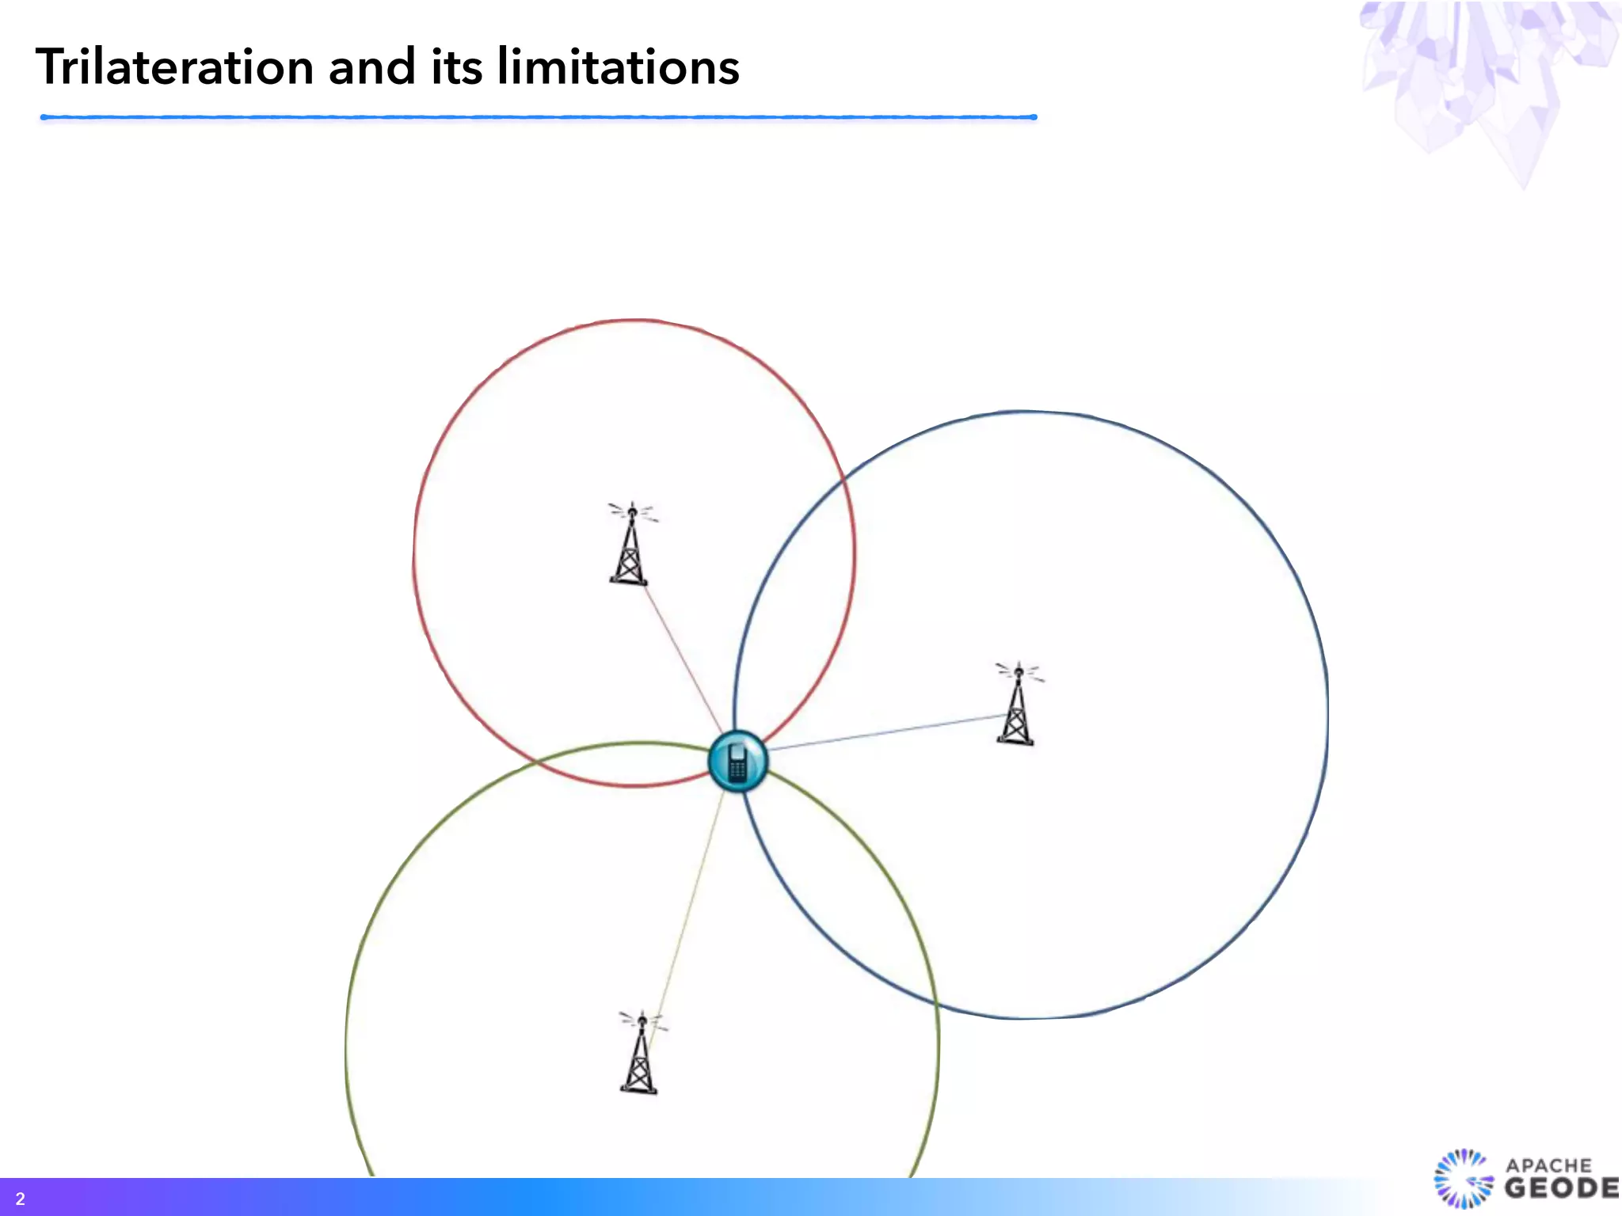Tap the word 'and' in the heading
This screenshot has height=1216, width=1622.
tap(371, 66)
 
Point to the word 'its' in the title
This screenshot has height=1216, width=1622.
tap(456, 66)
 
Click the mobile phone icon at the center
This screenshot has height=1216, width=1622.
tap(737, 762)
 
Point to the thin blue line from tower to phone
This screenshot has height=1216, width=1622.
tap(887, 732)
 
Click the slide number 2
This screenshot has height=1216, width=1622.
tap(21, 1199)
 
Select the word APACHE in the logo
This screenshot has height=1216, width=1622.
tap(1548, 1165)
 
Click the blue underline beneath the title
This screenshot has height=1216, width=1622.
tap(539, 117)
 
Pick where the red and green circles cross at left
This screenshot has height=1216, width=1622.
tap(535, 762)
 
